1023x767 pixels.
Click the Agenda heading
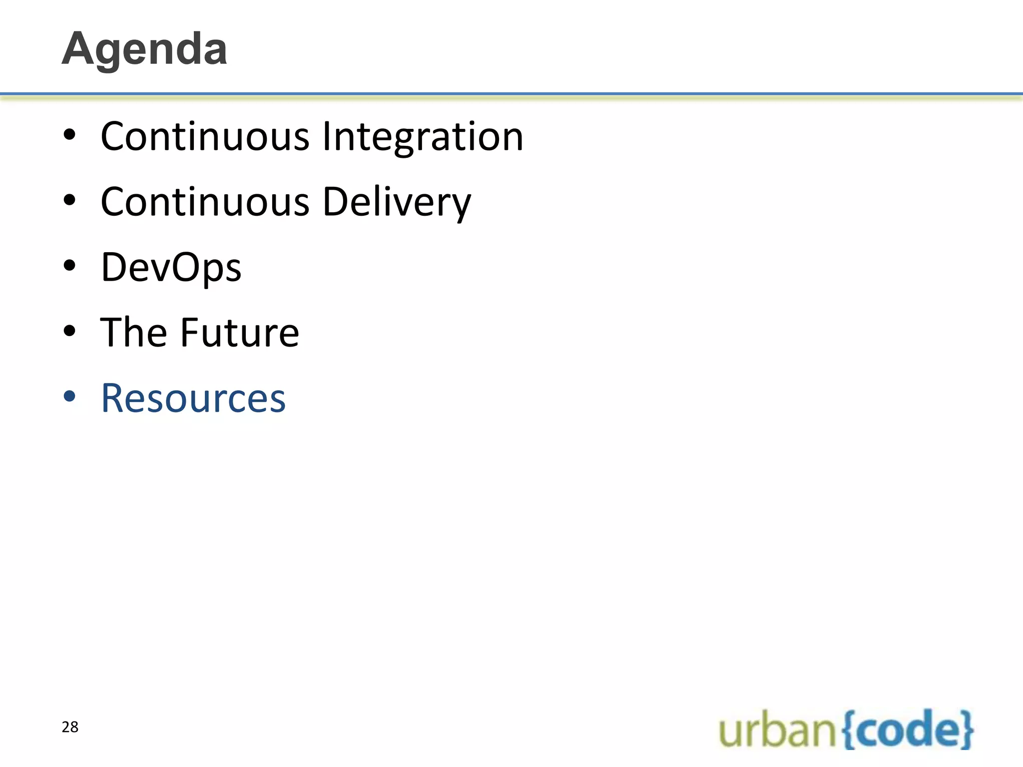[x=144, y=49]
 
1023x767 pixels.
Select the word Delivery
[x=397, y=202]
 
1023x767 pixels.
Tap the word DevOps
[x=171, y=267]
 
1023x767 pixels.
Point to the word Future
[x=239, y=333]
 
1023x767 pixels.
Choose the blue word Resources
[x=193, y=398]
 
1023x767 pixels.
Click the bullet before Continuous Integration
[x=69, y=135]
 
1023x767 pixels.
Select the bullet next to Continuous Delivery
[x=69, y=200]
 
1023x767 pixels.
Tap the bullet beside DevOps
[x=69, y=266]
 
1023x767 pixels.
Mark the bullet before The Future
[x=69, y=331]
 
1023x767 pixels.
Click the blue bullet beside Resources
[x=69, y=396]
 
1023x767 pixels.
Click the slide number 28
[x=70, y=727]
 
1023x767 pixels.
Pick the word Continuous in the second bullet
[x=205, y=202]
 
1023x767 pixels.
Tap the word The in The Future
[x=133, y=333]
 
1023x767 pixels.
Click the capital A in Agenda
[x=80, y=49]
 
